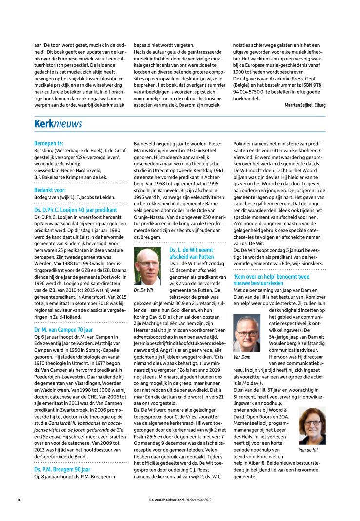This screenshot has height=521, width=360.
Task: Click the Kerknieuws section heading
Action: point(58,125)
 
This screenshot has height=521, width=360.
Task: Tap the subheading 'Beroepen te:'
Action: point(49,143)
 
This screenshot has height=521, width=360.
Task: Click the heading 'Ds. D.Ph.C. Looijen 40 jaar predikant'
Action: point(72,208)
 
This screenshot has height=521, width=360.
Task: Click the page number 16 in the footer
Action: point(19,500)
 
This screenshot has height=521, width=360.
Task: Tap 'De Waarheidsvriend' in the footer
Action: point(167,500)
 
